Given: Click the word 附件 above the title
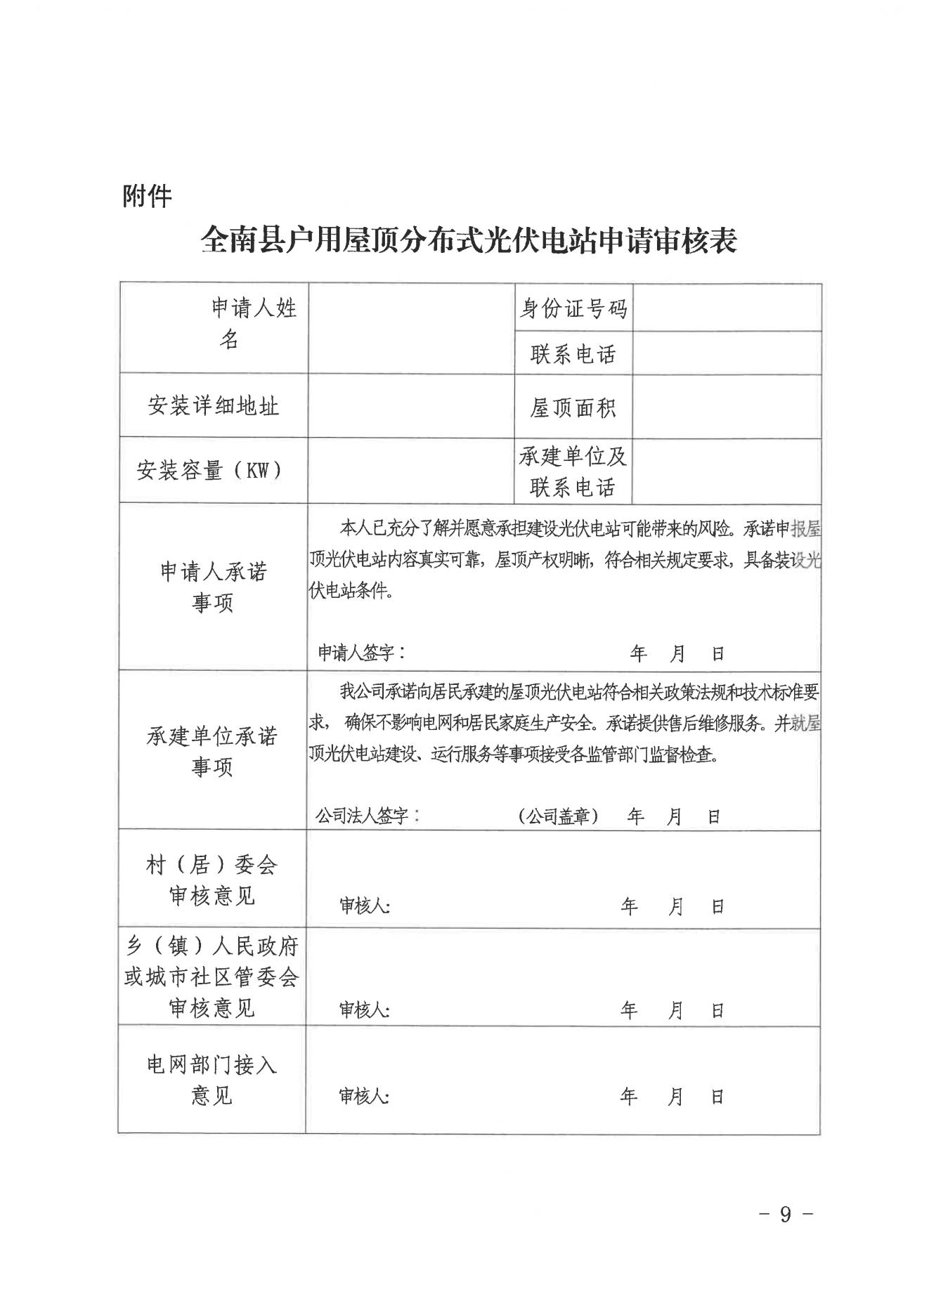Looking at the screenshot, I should coord(147,196).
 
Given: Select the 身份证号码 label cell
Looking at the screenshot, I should coord(573,308).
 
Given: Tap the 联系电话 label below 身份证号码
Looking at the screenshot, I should coord(573,353).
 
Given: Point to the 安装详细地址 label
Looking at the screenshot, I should coord(213,405).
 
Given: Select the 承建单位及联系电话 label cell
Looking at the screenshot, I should coord(573,471).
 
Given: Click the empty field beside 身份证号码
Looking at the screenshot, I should coord(727,307).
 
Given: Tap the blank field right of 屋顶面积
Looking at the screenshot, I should coord(727,407).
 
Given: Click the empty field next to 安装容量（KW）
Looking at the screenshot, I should coord(411,470).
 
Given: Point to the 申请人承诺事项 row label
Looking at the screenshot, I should coord(213,587).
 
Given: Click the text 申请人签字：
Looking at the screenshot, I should coord(361,653).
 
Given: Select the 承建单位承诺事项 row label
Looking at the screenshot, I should coord(212,751).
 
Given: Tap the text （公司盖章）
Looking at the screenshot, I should coord(559,816).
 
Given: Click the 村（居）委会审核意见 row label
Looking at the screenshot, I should coord(212,880).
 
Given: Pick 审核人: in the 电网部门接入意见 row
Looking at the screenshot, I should coord(364,1096).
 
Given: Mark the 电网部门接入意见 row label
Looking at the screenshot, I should coord(212,1080).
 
